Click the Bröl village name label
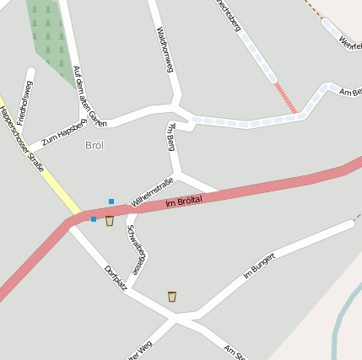pyautogui.click(x=95, y=146)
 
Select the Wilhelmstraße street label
pyautogui.click(x=152, y=192)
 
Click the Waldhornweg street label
pyautogui.click(x=165, y=51)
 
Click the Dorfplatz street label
pyautogui.click(x=116, y=277)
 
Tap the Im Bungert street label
pyautogui.click(x=259, y=266)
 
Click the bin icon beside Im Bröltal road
pyautogui.click(x=110, y=221)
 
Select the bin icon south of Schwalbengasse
pyautogui.click(x=172, y=296)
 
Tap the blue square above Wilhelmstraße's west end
pyautogui.click(x=111, y=201)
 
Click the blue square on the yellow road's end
pyautogui.click(x=93, y=218)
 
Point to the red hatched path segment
pyautogui.click(x=286, y=97)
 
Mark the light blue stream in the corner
pyautogui.click(x=342, y=325)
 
